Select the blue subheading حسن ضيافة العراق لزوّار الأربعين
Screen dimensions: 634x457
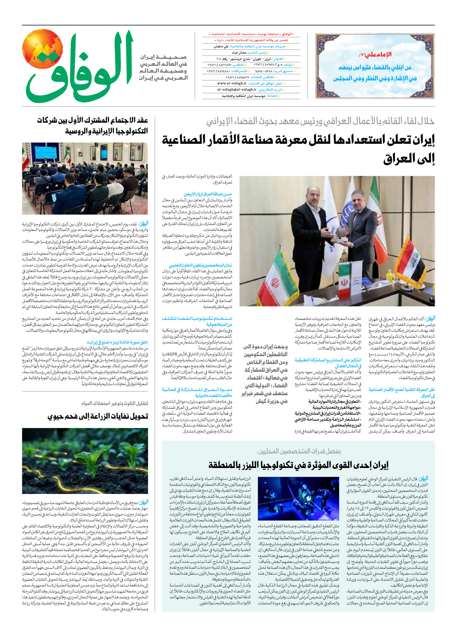[x=208, y=194]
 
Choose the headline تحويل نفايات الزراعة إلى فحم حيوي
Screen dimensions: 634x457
[x=98, y=416]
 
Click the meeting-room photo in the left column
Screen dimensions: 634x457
[x=85, y=178]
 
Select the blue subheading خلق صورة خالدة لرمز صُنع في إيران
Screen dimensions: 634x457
[x=119, y=342]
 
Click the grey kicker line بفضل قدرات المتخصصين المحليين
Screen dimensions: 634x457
[x=298, y=451]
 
